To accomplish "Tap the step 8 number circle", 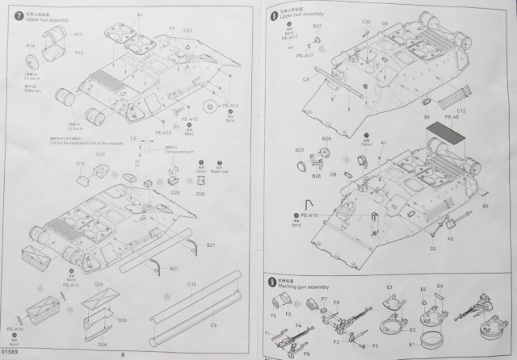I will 275,15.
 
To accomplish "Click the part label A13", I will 79,36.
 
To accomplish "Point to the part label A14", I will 31,46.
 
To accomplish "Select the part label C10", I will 191,285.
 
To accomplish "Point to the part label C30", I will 366,22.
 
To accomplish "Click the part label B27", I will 317,27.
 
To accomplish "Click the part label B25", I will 299,150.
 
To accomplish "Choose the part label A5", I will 450,240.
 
